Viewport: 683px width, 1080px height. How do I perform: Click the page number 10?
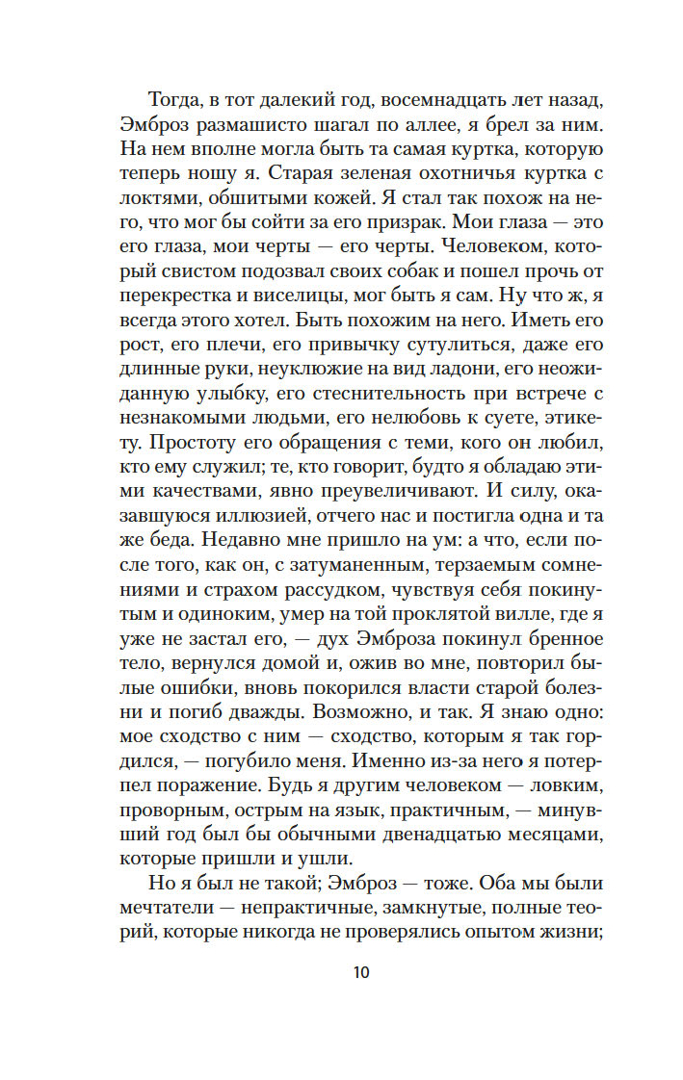361,971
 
